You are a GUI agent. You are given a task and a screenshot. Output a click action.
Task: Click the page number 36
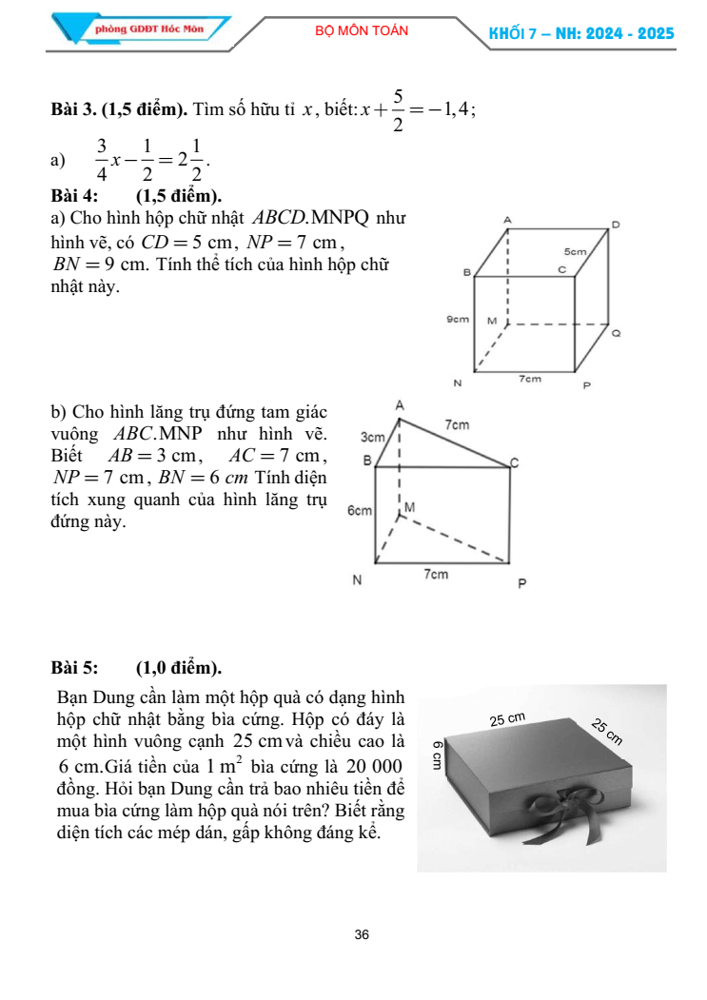361,934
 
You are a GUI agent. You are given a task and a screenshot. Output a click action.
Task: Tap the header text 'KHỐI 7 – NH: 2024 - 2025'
580,33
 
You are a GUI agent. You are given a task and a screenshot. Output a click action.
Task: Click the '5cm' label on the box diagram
574,252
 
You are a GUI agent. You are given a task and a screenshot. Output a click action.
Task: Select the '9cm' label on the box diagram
459,321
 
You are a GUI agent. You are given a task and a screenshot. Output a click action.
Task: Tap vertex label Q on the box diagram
616,334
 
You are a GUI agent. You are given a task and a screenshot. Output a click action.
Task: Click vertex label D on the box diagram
615,225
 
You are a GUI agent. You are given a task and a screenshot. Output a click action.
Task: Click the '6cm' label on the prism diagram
359,511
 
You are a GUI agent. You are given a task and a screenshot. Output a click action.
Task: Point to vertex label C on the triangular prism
515,462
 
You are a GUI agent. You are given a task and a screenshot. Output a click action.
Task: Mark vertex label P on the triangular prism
521,582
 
